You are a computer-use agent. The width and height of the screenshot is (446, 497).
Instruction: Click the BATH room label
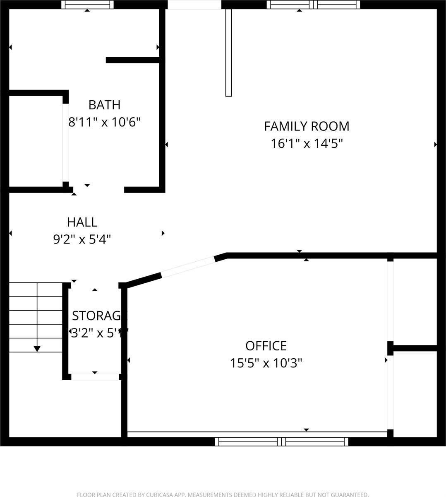[x=104, y=105]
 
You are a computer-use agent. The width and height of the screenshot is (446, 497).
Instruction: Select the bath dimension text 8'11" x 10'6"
[x=104, y=122]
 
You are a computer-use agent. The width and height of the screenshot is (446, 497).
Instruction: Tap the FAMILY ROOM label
[x=307, y=126]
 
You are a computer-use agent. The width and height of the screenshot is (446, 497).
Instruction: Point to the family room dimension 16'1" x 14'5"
[x=307, y=143]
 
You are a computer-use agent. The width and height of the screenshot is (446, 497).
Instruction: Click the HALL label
[x=82, y=222]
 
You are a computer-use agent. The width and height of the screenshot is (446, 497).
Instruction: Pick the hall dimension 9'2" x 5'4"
[x=82, y=239]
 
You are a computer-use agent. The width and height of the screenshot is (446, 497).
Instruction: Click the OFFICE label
[x=266, y=345]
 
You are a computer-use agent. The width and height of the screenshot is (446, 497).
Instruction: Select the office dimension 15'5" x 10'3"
[x=266, y=363]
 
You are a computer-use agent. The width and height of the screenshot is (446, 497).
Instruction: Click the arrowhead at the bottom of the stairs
[x=37, y=349]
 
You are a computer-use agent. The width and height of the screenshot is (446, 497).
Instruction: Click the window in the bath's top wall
[x=87, y=5]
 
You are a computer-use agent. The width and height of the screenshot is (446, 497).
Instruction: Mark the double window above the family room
[x=313, y=5]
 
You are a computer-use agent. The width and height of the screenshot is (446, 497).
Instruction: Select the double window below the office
[x=282, y=442]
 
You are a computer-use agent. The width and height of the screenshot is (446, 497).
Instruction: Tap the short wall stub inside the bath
[x=132, y=60]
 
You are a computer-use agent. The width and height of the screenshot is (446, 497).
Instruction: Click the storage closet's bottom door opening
[x=95, y=376]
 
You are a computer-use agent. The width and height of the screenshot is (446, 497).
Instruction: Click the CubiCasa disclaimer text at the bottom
[x=223, y=494]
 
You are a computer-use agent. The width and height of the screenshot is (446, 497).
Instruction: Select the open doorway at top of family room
[x=194, y=5]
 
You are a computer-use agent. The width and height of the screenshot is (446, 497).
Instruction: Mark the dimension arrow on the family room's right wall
[x=435, y=145]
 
